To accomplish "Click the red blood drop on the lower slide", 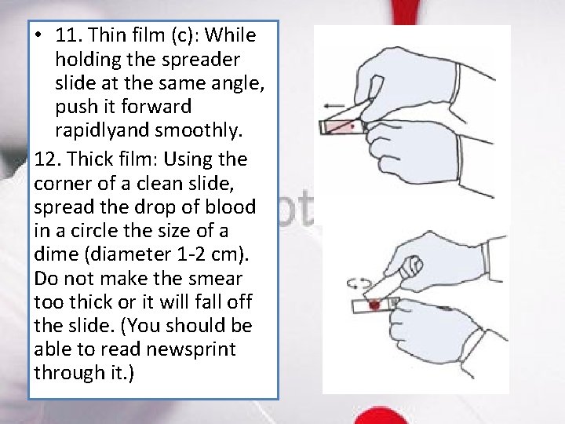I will (x=374, y=302).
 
